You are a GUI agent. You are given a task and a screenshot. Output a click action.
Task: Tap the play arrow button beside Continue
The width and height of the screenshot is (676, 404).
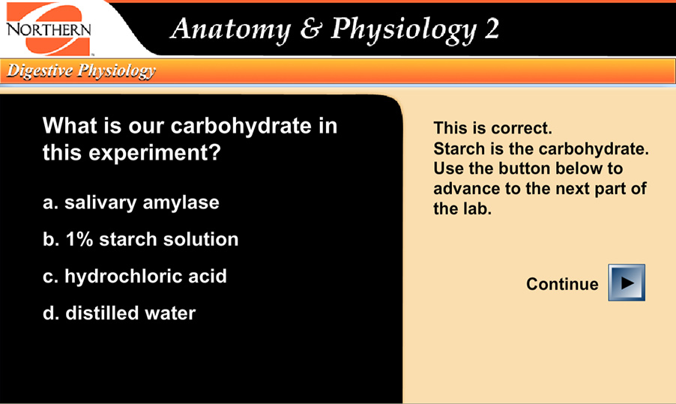pos(627,283)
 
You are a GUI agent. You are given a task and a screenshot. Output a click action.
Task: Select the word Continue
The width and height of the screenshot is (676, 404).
pos(562,284)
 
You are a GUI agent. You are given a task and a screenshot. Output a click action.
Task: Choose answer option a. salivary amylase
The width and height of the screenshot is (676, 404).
pos(131,202)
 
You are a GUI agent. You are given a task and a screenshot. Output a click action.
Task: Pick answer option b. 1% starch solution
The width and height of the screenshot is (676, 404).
pos(141,239)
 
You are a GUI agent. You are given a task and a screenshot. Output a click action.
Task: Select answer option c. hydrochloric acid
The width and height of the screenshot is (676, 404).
pos(135,276)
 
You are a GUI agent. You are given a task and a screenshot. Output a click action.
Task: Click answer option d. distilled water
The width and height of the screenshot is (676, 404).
pos(119,313)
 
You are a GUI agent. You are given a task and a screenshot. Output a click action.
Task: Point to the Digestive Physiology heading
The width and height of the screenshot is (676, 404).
pos(81,71)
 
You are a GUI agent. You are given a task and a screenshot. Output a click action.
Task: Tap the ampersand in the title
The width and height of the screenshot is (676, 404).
pos(310,29)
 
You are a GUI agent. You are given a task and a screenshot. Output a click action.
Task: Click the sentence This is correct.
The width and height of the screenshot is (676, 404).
pos(492,128)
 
